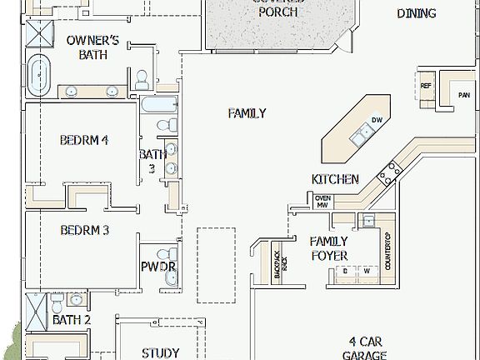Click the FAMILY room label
coord(247,113)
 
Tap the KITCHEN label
coord(335,179)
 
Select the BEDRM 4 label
coord(84,140)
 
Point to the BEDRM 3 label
coord(84,230)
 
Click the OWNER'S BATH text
coord(92,47)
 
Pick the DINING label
coord(416,13)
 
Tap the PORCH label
coord(277,12)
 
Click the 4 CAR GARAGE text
coord(367,348)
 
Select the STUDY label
coord(161,352)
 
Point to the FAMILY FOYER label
coord(328,248)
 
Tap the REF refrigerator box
coord(426,86)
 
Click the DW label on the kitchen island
coord(377,121)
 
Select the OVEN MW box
coord(322,201)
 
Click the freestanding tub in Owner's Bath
coord(38,75)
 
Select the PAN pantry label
coord(463,94)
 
